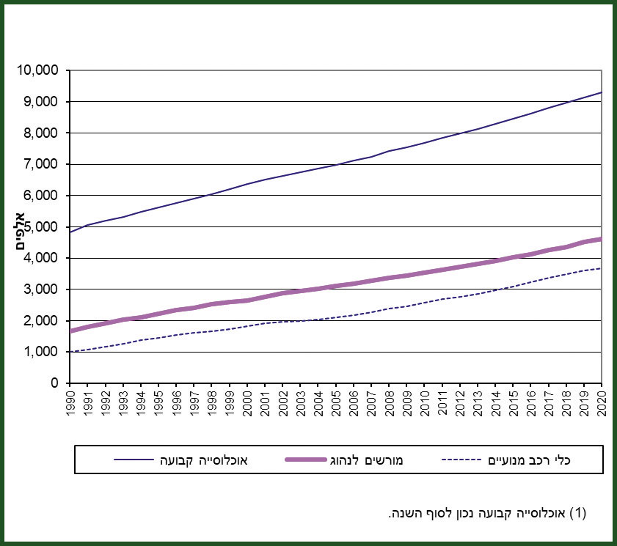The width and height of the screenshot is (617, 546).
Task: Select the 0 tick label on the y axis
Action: point(55,383)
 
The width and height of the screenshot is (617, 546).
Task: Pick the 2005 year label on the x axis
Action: point(335,401)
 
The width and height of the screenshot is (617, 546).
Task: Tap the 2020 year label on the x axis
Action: point(602,401)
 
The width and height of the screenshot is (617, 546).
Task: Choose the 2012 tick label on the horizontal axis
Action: point(459,401)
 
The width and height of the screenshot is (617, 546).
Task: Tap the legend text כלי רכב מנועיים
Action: point(530,460)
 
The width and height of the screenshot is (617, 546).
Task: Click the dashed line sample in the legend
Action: point(464,460)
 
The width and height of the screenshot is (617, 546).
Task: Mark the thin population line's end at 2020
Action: point(602,92)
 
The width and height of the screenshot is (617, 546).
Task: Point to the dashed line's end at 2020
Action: point(602,268)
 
